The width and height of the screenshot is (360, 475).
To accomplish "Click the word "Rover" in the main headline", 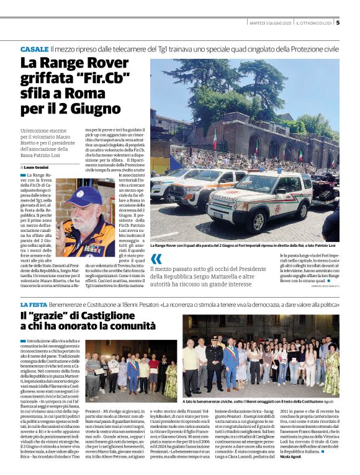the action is coord(109,63).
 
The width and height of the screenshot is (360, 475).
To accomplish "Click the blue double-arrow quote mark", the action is coord(156,259).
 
